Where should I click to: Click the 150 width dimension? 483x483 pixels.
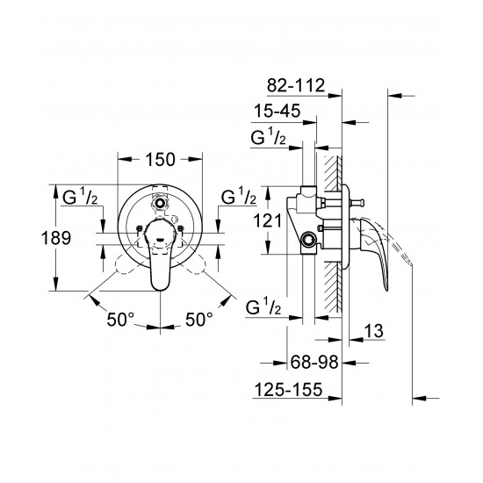(159, 159)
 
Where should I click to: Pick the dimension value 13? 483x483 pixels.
(374, 331)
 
